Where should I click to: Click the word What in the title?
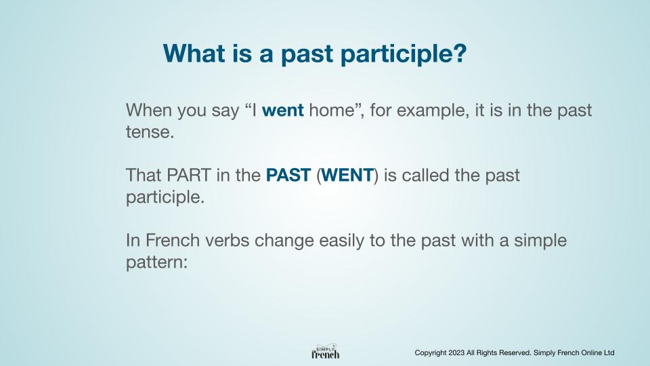coord(194,53)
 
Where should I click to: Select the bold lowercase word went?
coord(283,110)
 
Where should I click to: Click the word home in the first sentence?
coord(332,110)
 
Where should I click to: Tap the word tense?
coord(150,132)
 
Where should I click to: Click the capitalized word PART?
coord(189,175)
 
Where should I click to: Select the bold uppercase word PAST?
coord(288,175)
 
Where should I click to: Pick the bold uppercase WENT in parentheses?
coord(347,175)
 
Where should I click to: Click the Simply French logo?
coord(326,352)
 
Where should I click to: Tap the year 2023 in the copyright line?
coord(456,352)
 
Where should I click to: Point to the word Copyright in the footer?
coord(431,353)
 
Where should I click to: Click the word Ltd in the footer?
coord(609,352)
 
